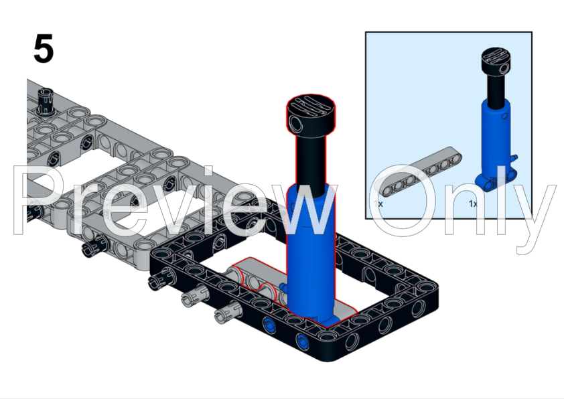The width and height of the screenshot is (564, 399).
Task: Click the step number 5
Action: [44, 50]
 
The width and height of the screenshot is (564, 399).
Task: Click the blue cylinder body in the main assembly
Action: [310, 254]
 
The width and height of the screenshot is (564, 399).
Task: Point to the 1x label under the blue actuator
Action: [473, 203]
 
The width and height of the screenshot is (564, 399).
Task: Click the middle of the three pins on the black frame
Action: [192, 295]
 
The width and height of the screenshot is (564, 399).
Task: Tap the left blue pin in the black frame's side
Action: [270, 326]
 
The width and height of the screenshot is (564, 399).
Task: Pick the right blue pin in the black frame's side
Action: [303, 343]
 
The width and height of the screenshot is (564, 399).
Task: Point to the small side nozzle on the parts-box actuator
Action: [516, 159]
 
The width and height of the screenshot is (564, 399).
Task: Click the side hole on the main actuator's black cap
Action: [297, 123]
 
